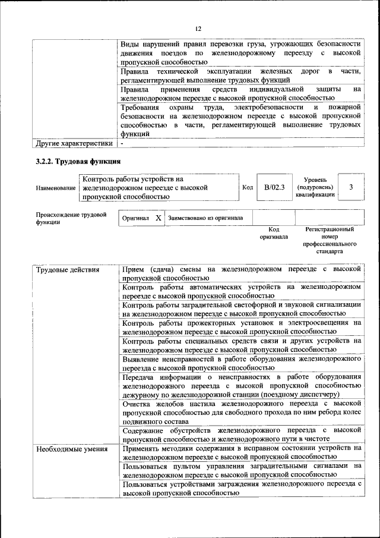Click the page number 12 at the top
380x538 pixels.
pos(198,29)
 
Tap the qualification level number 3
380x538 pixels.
pos(351,187)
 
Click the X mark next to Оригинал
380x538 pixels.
pos(158,218)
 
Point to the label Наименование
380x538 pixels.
pos(55,188)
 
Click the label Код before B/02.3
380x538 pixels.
pos(248,187)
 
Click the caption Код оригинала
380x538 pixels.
pos(274,232)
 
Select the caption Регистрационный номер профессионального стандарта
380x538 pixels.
pos(329,240)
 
